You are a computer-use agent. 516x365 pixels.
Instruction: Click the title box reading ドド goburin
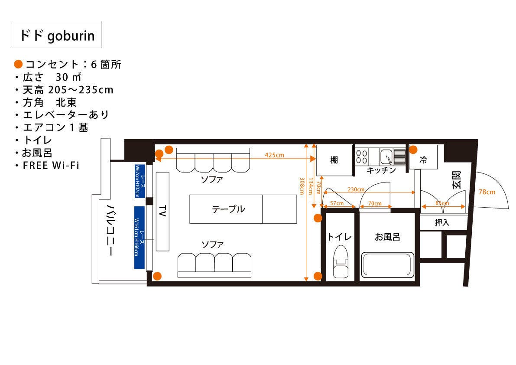[56, 35]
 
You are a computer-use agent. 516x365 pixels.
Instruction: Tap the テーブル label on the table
[228, 209]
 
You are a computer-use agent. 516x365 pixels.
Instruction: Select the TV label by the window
[162, 211]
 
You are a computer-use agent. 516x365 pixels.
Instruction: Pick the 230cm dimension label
[356, 190]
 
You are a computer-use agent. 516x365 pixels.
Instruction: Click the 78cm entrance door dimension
[487, 192]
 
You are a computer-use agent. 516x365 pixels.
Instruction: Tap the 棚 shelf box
[334, 160]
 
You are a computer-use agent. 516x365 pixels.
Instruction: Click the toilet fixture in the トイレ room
[341, 263]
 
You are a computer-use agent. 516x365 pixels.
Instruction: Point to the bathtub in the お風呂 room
[386, 264]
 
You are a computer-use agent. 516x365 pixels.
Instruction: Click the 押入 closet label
[442, 223]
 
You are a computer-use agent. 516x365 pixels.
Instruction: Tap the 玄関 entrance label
[457, 179]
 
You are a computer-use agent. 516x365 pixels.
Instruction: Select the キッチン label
[381, 170]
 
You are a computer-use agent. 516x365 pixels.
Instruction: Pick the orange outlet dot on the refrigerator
[413, 150]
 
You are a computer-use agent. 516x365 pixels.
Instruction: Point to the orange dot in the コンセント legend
[18, 65]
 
